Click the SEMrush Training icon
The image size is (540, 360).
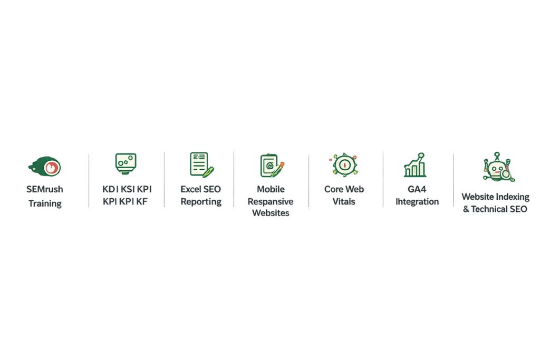point(45,167)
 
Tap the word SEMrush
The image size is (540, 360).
point(45,189)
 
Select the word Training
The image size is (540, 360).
point(45,203)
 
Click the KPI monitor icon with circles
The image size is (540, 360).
point(126,164)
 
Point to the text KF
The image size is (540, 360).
point(141,201)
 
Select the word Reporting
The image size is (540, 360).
point(201,202)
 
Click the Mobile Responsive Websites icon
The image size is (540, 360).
point(272,166)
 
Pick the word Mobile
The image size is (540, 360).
point(271,189)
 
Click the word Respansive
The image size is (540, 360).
point(271,202)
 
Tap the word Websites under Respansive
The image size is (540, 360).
point(271,213)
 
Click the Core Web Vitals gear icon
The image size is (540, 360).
point(344,165)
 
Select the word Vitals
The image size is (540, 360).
point(344,201)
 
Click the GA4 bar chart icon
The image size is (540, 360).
point(416,165)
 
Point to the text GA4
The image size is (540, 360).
point(417,189)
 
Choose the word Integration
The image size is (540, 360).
point(417,202)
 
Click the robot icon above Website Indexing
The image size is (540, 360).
point(498,167)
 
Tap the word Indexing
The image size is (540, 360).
point(512,197)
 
